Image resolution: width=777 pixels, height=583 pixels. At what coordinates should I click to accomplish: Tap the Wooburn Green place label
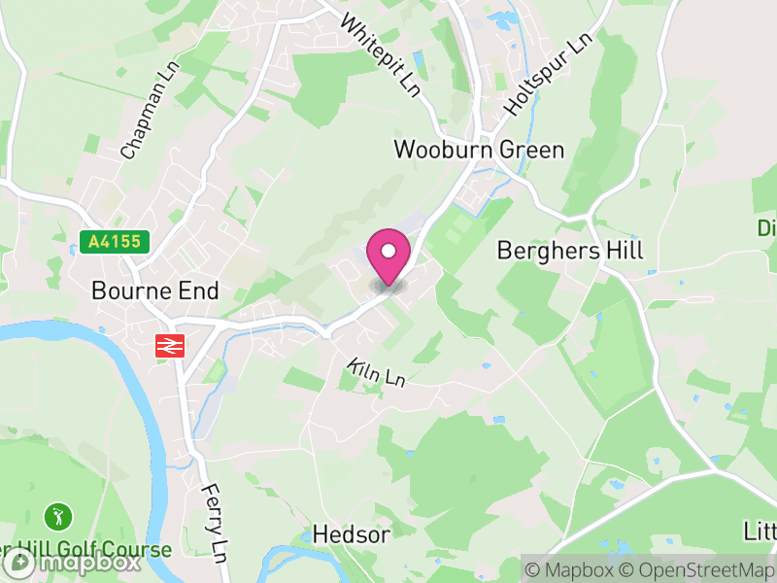(x=479, y=150)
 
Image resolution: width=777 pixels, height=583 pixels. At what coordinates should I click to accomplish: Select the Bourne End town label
(x=155, y=291)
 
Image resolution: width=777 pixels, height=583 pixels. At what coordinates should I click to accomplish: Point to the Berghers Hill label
(x=570, y=250)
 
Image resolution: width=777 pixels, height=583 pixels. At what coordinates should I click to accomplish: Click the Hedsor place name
(x=351, y=534)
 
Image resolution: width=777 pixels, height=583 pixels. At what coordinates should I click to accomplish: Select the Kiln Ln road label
(x=375, y=372)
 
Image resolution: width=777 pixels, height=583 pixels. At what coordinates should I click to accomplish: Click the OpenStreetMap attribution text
(x=695, y=569)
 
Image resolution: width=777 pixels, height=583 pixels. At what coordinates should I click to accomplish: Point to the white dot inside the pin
(x=388, y=252)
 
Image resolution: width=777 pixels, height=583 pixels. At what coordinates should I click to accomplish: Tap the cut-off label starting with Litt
(x=760, y=532)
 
